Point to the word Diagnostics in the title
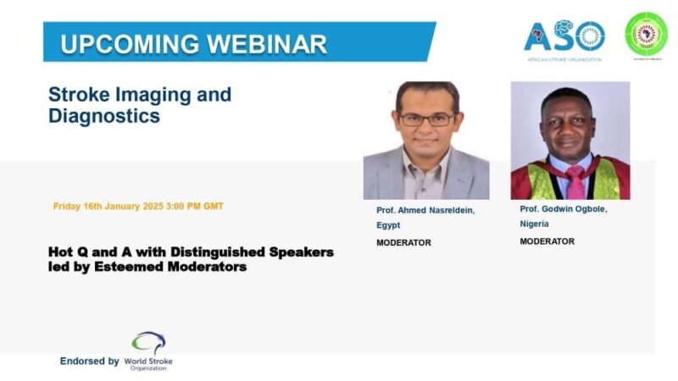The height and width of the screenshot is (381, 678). click(104, 115)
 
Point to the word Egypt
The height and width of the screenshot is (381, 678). click(388, 226)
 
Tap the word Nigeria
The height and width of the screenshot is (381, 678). click(536, 224)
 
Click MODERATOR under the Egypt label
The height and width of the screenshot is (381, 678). click(404, 243)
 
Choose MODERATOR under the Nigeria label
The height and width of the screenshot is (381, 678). click(547, 241)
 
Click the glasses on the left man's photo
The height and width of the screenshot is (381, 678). click(426, 119)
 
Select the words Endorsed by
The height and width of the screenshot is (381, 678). click(89, 361)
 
